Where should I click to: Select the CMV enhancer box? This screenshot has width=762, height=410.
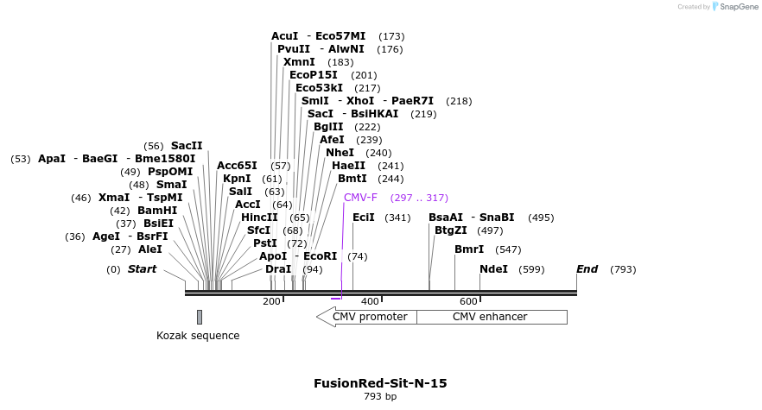point(490,317)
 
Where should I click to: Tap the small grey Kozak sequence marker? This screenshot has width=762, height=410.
point(200,317)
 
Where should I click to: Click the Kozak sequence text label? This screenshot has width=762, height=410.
point(198,336)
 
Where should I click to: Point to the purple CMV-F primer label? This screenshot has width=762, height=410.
point(360,198)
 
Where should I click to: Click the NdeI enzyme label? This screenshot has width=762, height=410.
point(493,269)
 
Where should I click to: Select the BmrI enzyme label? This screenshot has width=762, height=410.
point(469,249)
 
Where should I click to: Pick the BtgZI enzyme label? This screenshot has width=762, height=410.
point(450,230)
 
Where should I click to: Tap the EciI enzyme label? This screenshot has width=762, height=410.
point(364,218)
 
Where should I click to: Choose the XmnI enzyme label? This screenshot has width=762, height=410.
point(299,62)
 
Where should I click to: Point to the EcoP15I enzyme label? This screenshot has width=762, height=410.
point(314,75)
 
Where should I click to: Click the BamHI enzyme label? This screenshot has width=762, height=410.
point(157,211)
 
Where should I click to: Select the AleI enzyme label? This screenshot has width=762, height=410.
point(149,249)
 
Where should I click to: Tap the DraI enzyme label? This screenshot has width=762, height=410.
point(278,269)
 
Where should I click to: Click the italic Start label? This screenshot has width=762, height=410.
point(143,269)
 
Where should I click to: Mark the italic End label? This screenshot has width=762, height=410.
point(587,269)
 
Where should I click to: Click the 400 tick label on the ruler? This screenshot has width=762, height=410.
point(370,301)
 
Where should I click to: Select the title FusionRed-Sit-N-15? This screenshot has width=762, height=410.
point(380,383)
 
